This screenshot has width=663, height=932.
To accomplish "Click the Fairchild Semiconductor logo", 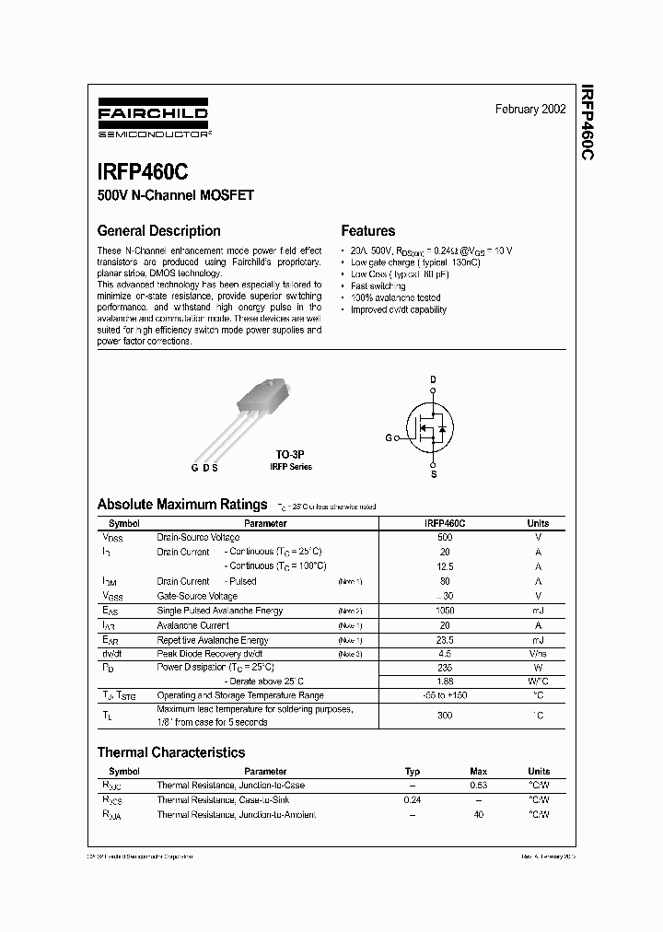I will pyautogui.click(x=154, y=121).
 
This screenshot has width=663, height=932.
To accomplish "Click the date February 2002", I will pyautogui.click(x=530, y=109).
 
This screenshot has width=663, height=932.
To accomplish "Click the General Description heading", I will pyautogui.click(x=158, y=231).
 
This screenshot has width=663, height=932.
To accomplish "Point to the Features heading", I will pyautogui.click(x=367, y=231).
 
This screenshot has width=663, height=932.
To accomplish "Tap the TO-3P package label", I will pyautogui.click(x=290, y=455).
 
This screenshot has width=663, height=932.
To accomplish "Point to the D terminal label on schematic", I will pyautogui.click(x=433, y=379).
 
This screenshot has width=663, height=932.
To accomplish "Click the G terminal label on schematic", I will pyautogui.click(x=389, y=437).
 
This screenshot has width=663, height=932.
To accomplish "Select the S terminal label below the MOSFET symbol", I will pyautogui.click(x=434, y=474).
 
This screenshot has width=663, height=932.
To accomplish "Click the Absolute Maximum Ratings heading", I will pyautogui.click(x=182, y=504).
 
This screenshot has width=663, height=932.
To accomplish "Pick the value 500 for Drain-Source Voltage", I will pyautogui.click(x=445, y=537).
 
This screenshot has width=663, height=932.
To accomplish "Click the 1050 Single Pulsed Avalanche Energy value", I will pyautogui.click(x=445, y=611).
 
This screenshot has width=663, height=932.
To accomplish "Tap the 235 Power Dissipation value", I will pyautogui.click(x=445, y=666).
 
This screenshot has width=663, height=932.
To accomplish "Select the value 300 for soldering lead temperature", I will pyautogui.click(x=445, y=715).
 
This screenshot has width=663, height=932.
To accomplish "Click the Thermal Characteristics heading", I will pyautogui.click(x=171, y=752).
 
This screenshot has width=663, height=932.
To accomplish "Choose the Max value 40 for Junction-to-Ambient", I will pyautogui.click(x=479, y=815).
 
